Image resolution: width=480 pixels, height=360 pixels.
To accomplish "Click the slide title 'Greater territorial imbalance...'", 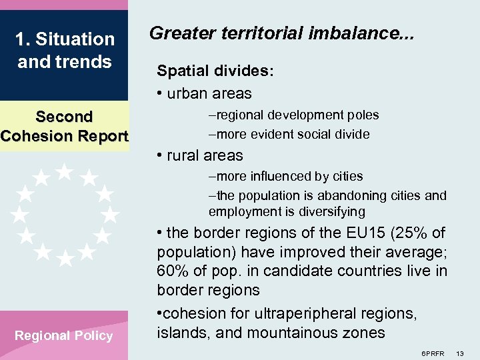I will (x=281, y=33).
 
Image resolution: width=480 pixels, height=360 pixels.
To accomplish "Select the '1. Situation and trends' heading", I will (x=65, y=51).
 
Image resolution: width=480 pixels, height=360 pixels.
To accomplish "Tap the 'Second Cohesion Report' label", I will (x=64, y=126).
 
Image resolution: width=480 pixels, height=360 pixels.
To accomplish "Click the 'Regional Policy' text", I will (x=64, y=335).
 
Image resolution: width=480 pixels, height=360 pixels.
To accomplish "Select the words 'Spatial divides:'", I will (x=215, y=71).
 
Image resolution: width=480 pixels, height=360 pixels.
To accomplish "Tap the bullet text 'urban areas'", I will (x=209, y=93).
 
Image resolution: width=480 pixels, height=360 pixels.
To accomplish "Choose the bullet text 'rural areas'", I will (x=205, y=155).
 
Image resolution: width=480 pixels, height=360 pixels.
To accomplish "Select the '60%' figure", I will (x=172, y=272).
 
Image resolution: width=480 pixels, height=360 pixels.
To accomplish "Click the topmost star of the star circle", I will (x=65, y=171).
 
